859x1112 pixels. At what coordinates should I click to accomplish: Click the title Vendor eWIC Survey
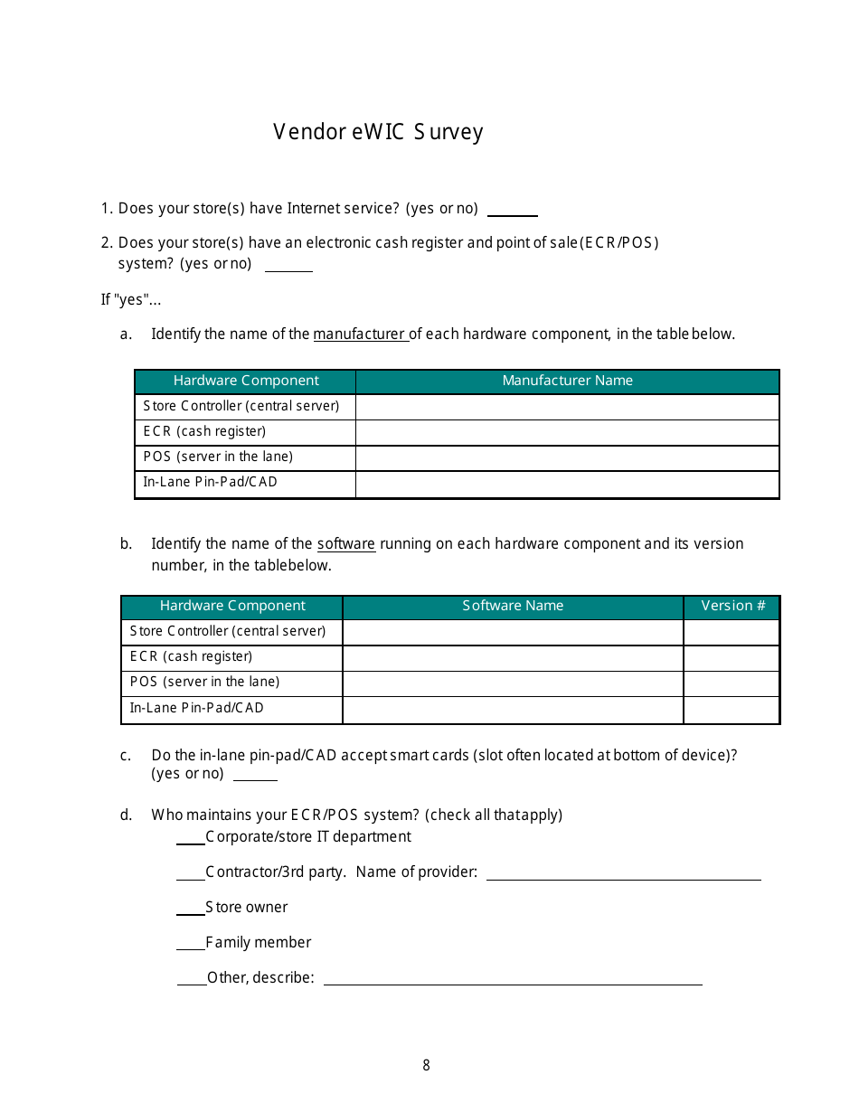tap(378, 132)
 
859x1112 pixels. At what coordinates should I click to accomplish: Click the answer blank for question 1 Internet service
tap(512, 211)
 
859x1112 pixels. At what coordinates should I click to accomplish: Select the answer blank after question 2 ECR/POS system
tap(288, 266)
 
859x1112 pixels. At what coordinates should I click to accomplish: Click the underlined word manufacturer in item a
tap(359, 334)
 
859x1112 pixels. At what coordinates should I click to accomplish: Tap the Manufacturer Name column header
tap(567, 381)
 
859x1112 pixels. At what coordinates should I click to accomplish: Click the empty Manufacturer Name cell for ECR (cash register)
tap(567, 432)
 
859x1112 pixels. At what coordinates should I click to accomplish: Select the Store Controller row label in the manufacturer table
tap(241, 406)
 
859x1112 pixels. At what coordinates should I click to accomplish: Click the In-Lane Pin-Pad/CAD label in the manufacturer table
tap(211, 482)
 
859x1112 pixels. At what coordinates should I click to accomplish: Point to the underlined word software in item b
tap(345, 543)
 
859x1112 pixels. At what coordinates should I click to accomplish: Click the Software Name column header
tap(513, 606)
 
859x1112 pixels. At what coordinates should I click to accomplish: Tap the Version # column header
tap(732, 606)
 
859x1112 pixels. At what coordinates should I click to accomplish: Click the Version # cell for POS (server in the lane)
tap(731, 683)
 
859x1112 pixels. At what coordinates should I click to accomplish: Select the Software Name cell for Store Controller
tap(513, 632)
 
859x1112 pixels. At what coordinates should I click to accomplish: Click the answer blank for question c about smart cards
tap(255, 775)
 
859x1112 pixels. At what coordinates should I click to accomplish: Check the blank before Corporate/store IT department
tap(190, 839)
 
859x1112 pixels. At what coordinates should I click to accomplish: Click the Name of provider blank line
tap(624, 874)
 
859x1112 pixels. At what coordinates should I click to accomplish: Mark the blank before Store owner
tap(190, 909)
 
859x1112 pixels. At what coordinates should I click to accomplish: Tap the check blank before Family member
tap(190, 945)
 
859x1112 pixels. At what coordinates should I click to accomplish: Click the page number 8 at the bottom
tap(426, 1065)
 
